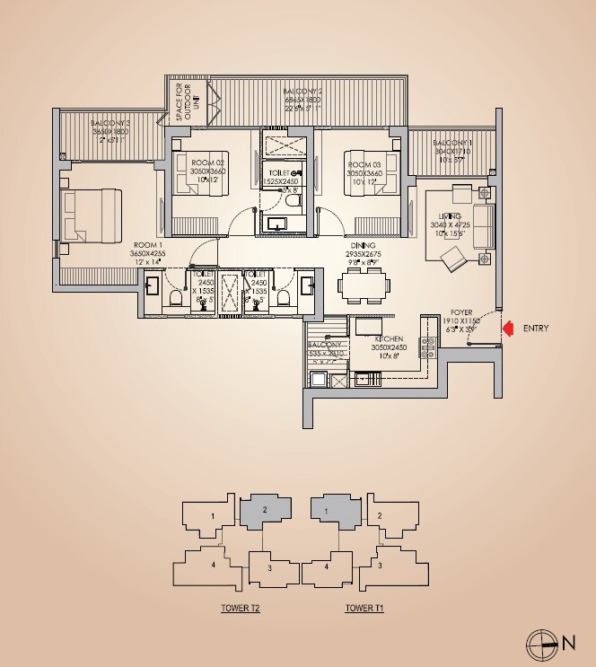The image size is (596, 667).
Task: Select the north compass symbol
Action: coord(542,641)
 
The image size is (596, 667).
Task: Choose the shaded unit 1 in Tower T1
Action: coord(329,509)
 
